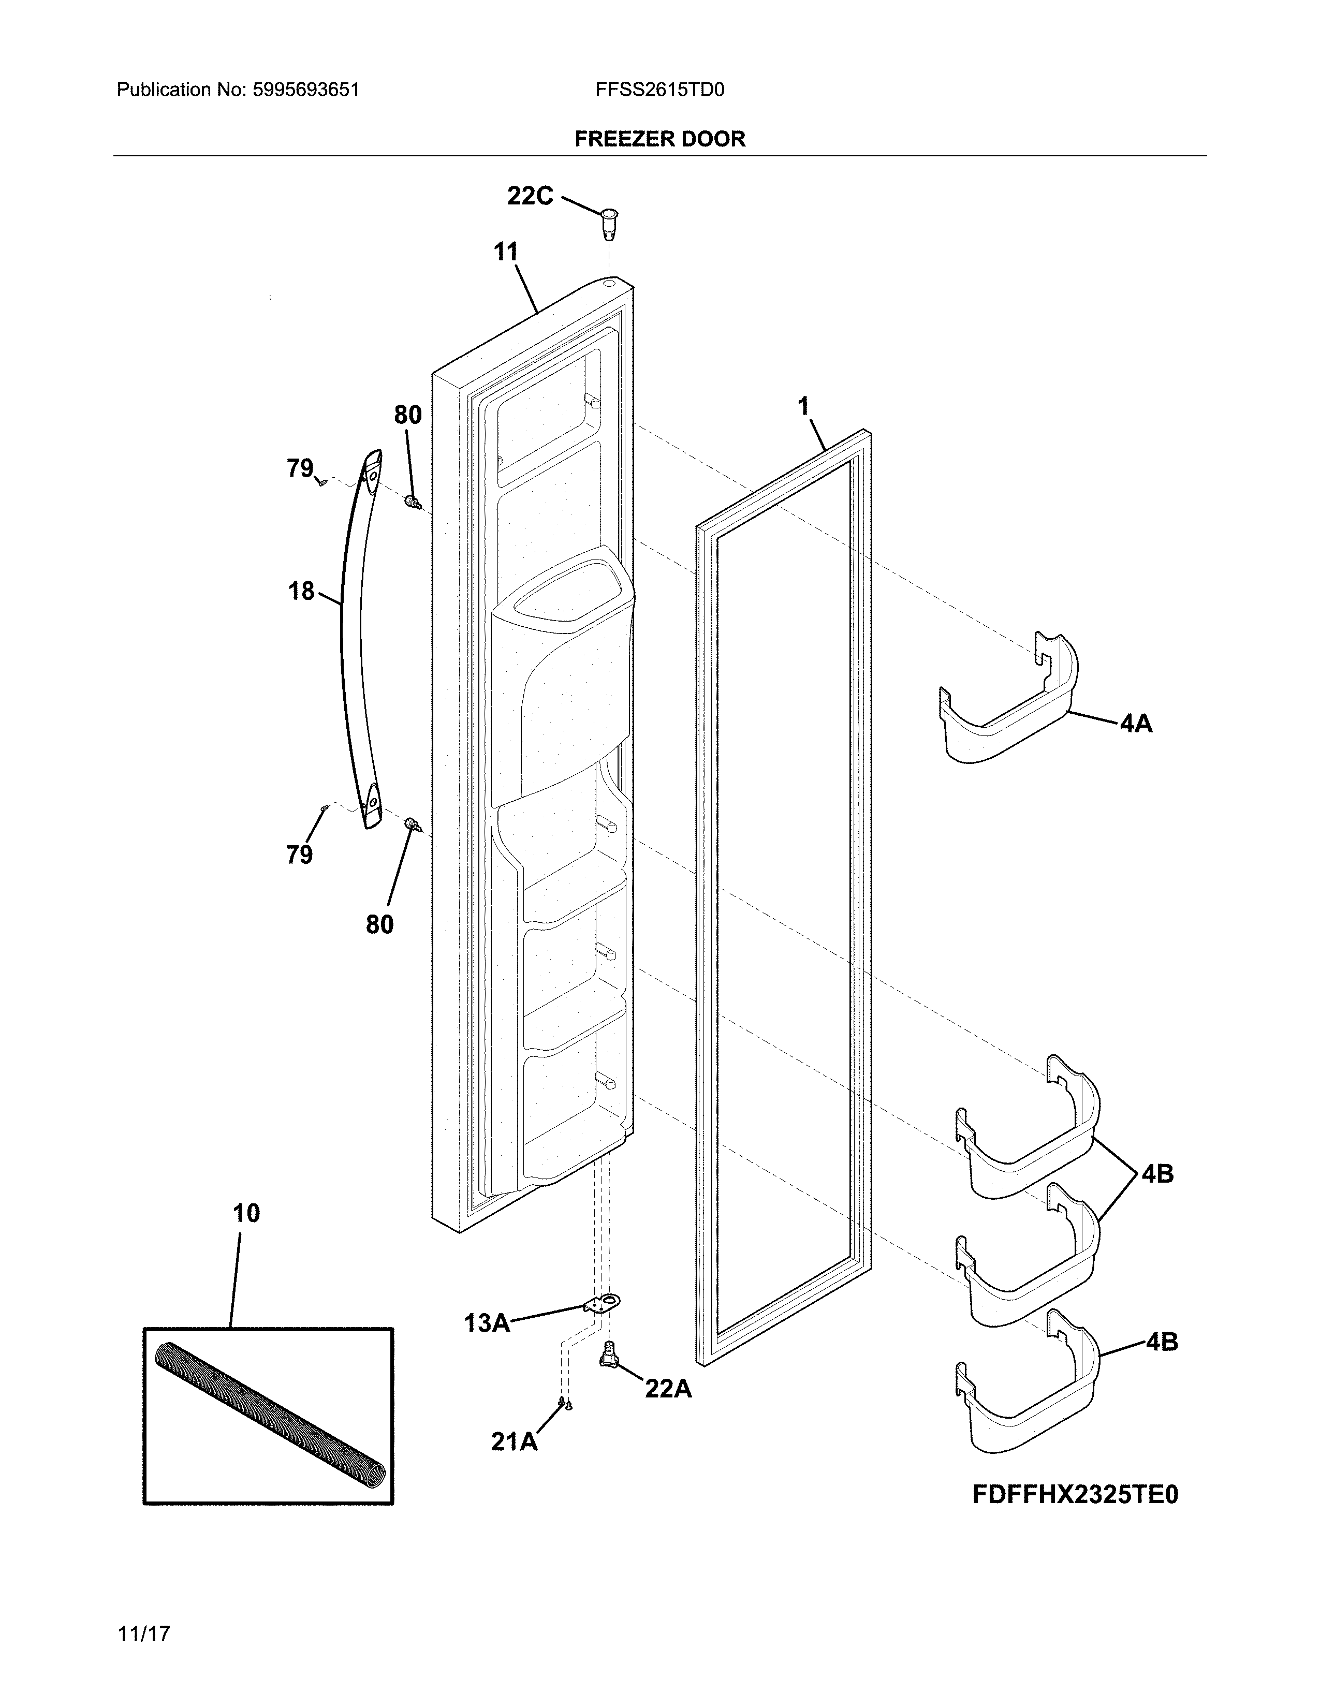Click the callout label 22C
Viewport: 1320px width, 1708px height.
coord(530,196)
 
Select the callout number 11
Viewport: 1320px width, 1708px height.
coord(506,252)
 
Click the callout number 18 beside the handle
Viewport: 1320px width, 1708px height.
coord(301,591)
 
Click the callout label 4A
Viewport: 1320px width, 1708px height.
coord(1135,724)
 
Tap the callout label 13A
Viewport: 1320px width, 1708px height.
coord(487,1323)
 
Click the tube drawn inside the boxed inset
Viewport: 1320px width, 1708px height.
coord(268,1414)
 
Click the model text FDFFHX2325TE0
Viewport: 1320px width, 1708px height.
coord(1075,1495)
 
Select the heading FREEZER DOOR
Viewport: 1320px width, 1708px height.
coord(660,139)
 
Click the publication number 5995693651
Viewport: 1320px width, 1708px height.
coord(306,90)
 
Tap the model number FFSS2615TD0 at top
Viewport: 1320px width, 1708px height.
coord(660,90)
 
